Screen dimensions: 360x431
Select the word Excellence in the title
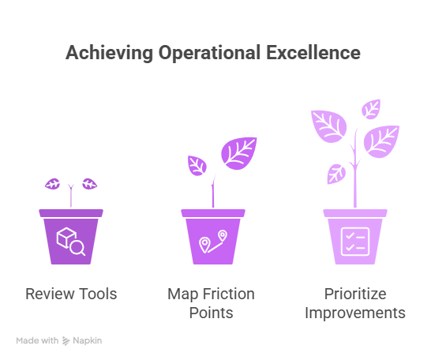click(x=319, y=53)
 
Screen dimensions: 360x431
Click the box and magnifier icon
click(x=71, y=242)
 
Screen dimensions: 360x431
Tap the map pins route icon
click(x=213, y=242)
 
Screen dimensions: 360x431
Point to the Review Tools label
click(x=71, y=294)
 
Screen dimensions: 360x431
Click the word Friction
click(x=229, y=294)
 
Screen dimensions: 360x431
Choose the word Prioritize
click(x=354, y=294)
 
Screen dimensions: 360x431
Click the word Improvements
click(x=354, y=313)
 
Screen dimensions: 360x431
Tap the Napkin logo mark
click(x=68, y=341)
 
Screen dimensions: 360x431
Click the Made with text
click(x=37, y=341)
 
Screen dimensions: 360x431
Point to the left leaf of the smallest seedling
click(x=54, y=184)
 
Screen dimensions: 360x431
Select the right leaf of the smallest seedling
click(x=89, y=184)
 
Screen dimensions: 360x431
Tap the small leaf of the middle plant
click(x=197, y=165)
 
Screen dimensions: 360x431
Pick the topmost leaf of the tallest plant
click(x=370, y=108)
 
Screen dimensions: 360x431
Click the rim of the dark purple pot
click(x=71, y=212)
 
